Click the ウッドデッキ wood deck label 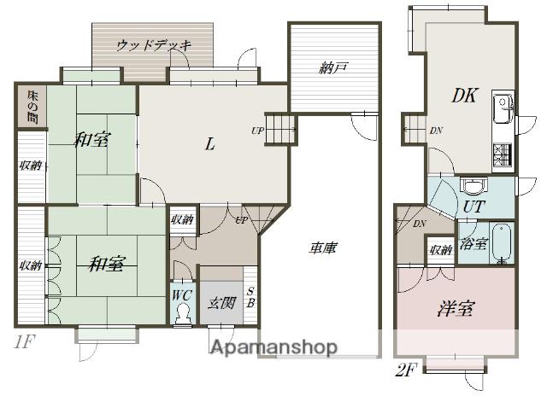[154, 45]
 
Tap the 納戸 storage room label [333, 68]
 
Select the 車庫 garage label [323, 248]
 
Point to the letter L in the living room [209, 143]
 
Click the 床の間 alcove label [32, 107]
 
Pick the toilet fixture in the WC [182, 315]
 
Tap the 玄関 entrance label [221, 303]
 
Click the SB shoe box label [250, 297]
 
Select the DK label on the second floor [465, 95]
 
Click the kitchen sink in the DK [503, 108]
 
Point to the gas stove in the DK [503, 155]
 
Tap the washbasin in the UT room [473, 186]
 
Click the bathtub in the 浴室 [502, 243]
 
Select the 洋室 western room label [456, 308]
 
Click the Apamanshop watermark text [274, 347]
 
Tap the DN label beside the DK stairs [436, 131]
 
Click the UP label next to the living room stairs [258, 131]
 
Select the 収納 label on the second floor [441, 249]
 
